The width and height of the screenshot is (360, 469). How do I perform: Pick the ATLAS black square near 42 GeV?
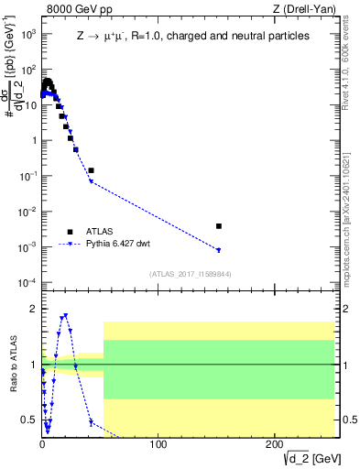tap(91, 170)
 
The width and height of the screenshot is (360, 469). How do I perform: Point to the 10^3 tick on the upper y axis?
tap(27, 34)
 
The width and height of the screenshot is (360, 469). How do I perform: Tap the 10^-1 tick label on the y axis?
tap(27, 176)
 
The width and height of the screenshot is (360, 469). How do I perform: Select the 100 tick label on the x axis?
tap(158, 444)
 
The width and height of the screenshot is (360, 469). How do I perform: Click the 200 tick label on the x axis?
tap(274, 444)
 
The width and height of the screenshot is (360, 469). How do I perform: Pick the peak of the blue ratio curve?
tap(65, 316)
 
